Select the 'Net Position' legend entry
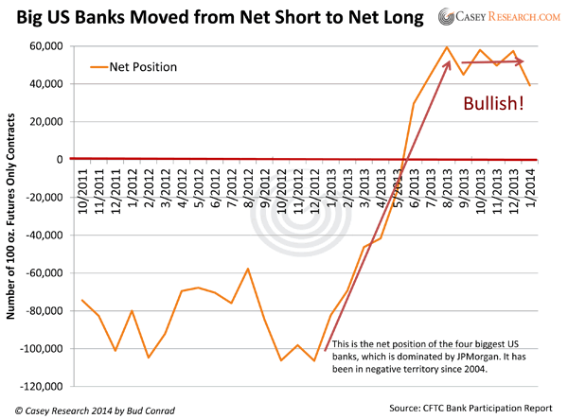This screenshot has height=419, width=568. pyautogui.click(x=142, y=67)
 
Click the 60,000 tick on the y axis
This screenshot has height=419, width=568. pyautogui.click(x=44, y=46)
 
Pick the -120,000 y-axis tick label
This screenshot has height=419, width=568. pyautogui.click(x=39, y=387)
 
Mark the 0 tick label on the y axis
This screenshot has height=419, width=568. pyautogui.click(x=58, y=160)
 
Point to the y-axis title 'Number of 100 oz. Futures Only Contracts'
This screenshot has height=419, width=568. pyautogui.click(x=13, y=218)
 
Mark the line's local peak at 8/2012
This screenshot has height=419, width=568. pyautogui.click(x=248, y=269)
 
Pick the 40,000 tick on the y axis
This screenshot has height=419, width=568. pyautogui.click(x=44, y=84)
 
